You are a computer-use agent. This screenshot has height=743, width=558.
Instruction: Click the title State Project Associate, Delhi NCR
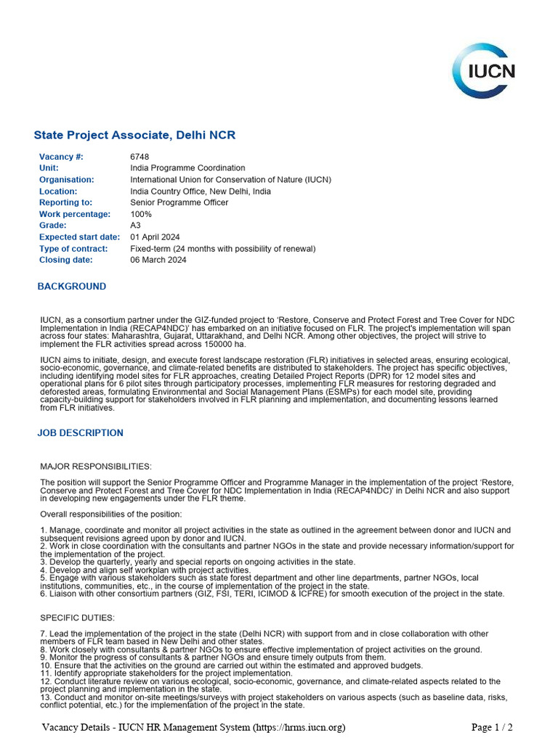(134, 136)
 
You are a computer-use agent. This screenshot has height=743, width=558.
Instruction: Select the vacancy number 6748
(139, 157)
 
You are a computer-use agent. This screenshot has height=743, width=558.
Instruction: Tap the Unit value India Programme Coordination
(187, 168)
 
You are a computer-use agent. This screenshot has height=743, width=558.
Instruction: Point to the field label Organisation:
(67, 180)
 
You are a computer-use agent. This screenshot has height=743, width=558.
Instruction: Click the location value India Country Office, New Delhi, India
(201, 192)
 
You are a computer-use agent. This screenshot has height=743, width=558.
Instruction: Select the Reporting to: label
(65, 202)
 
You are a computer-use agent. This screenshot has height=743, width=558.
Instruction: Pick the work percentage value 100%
(141, 214)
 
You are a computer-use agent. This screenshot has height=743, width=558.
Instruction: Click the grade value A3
(136, 226)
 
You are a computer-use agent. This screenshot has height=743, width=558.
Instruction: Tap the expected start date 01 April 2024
(155, 237)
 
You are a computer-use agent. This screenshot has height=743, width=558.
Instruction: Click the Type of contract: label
(73, 249)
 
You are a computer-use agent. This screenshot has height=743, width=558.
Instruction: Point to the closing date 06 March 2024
(158, 260)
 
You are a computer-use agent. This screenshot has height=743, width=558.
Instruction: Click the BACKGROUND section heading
(72, 287)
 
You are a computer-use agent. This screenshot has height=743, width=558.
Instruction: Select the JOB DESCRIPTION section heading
(81, 433)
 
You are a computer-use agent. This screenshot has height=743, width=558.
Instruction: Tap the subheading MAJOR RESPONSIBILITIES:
(96, 466)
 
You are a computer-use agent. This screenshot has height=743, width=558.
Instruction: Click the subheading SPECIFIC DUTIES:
(77, 617)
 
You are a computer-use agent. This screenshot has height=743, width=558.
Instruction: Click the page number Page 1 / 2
(492, 727)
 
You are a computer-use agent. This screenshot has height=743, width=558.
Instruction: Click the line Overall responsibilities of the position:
(111, 514)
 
